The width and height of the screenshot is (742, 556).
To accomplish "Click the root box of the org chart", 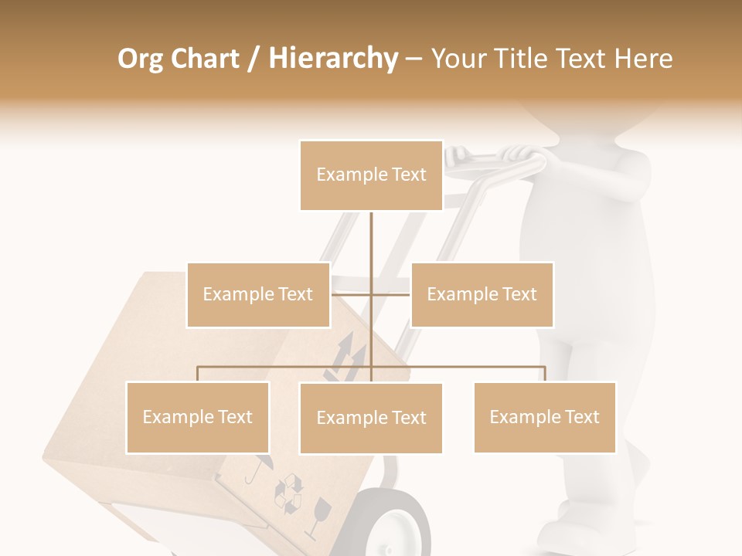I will pyautogui.click(x=371, y=175).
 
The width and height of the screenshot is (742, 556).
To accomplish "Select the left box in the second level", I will pyautogui.click(x=258, y=294).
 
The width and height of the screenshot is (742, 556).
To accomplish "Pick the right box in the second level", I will pyautogui.click(x=482, y=294).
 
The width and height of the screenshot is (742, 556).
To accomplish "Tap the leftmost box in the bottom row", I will pyautogui.click(x=197, y=417).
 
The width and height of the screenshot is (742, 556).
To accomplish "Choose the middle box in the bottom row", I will pyautogui.click(x=371, y=418).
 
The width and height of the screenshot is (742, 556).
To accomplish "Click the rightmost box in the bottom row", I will pyautogui.click(x=544, y=417).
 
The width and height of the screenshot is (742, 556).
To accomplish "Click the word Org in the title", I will pyautogui.click(x=140, y=59).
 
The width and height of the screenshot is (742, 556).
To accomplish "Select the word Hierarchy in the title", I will pyautogui.click(x=333, y=59).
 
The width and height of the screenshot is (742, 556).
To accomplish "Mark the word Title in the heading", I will pyautogui.click(x=525, y=59).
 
